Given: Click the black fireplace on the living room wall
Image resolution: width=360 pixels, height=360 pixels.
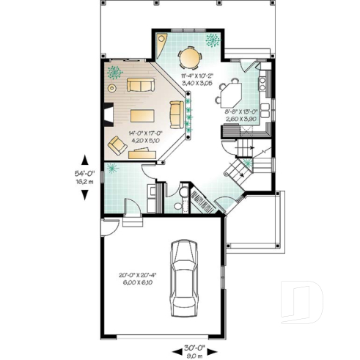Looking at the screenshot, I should tap(107, 114).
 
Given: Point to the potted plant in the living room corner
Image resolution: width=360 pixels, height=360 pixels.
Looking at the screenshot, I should tap(114, 72).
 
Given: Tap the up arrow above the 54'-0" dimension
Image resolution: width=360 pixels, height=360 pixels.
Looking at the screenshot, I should tap(85, 160).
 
